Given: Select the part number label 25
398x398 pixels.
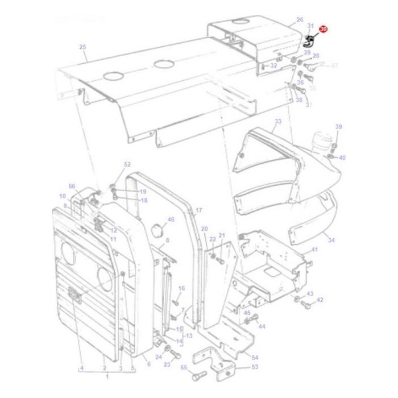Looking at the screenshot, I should tap(82, 47).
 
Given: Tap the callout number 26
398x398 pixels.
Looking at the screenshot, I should tap(300, 20).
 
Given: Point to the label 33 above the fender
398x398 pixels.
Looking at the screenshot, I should tap(277, 122).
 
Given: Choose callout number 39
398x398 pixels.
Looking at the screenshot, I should tap(339, 127).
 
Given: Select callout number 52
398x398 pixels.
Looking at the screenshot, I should tap(127, 164).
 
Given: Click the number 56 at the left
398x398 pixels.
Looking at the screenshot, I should tap(72, 186).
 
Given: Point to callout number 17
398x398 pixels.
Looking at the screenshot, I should tap(198, 210).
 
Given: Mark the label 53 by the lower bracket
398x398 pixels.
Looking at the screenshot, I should tap(255, 367).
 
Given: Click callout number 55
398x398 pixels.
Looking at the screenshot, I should tap(184, 368).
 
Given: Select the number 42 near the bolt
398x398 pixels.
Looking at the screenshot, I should tap(320, 300).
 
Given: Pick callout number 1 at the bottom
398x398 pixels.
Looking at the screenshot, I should tap(106, 376).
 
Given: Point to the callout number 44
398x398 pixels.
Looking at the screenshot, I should tap(262, 327).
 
